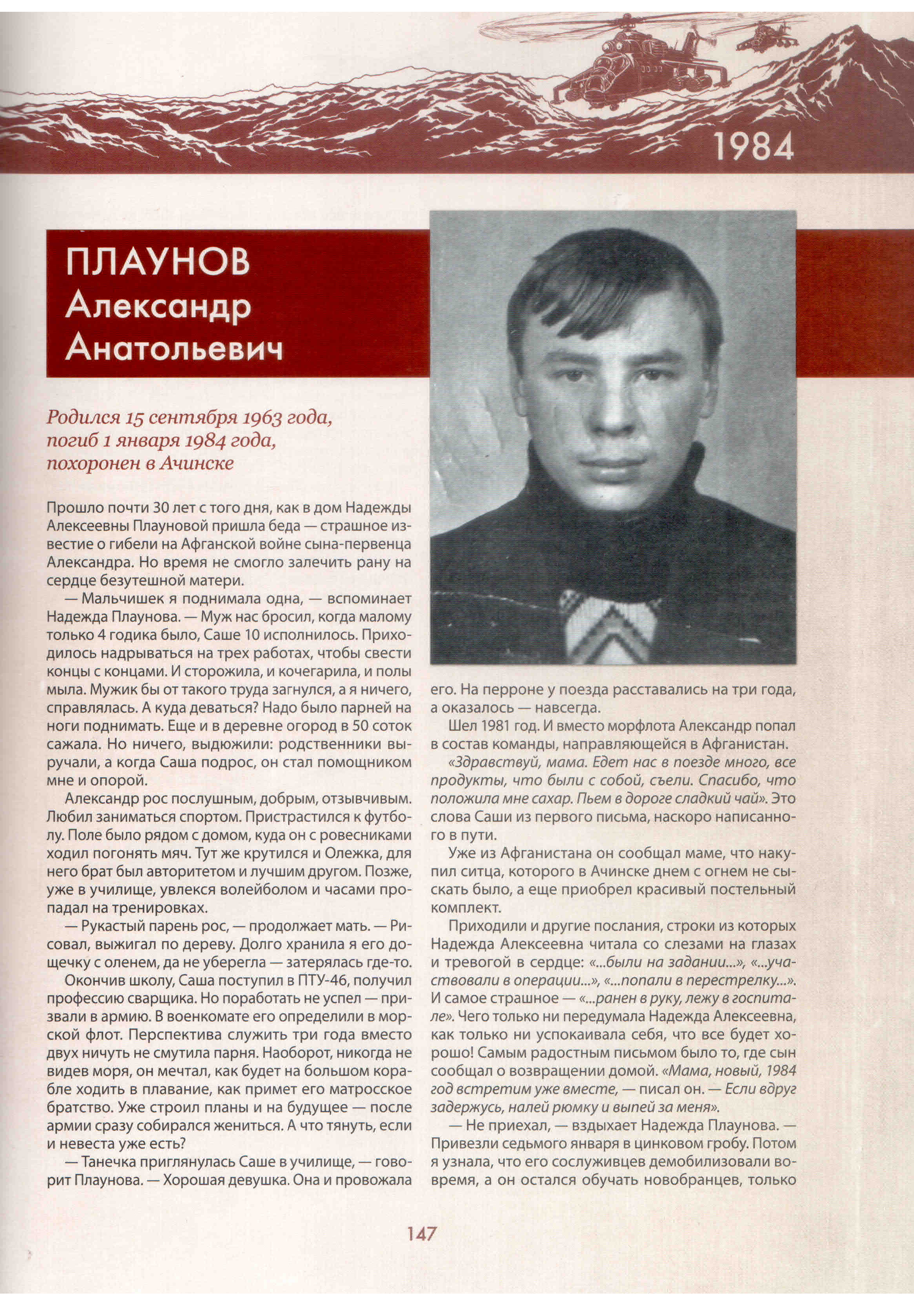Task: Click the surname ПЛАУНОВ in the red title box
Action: (x=158, y=263)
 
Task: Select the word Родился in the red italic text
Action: (x=83, y=418)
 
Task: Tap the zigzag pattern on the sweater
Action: (x=608, y=625)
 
